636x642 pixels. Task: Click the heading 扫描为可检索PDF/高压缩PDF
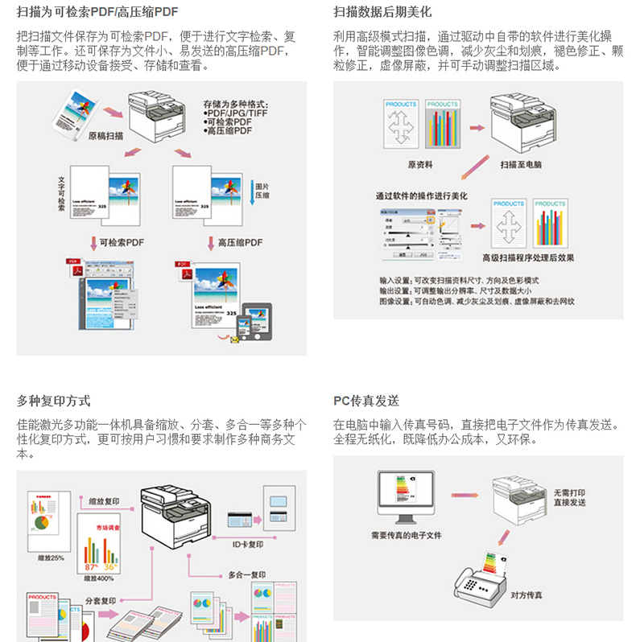click(x=97, y=12)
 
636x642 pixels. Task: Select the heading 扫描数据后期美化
click(x=382, y=12)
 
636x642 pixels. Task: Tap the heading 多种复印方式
click(x=53, y=401)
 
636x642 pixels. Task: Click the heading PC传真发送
click(x=366, y=401)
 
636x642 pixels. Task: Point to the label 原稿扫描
click(x=105, y=136)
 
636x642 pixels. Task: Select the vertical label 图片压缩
click(x=262, y=190)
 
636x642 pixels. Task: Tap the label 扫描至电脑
click(x=521, y=164)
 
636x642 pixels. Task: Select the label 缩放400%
click(x=99, y=578)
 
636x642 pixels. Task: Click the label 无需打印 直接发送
click(x=569, y=497)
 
